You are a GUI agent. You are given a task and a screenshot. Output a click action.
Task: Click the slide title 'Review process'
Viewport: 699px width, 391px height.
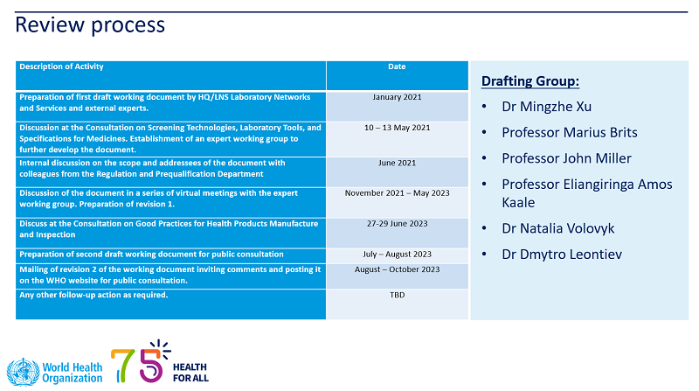click(90, 25)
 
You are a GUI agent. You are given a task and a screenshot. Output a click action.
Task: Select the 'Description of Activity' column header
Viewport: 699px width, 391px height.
click(61, 66)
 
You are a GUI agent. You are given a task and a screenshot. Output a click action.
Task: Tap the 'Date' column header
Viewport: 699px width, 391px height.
click(397, 66)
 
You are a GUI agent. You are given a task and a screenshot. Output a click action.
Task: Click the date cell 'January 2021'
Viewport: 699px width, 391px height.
click(397, 97)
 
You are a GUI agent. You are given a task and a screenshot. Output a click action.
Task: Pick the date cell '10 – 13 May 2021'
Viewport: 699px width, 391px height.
click(397, 128)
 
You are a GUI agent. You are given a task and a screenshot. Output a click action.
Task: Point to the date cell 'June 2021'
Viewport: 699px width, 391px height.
click(397, 163)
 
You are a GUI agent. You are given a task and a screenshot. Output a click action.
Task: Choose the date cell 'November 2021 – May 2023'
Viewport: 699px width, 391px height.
click(397, 193)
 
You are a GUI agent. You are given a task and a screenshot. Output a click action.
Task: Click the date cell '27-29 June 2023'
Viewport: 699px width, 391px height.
click(397, 224)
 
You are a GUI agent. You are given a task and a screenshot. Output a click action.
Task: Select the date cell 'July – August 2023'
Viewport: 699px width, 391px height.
click(397, 255)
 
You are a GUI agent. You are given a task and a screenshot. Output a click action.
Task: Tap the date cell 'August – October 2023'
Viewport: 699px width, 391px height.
click(397, 269)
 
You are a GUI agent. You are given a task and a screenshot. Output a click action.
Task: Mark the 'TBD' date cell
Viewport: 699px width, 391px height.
click(397, 295)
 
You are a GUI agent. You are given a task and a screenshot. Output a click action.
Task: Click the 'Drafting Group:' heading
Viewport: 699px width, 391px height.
click(530, 81)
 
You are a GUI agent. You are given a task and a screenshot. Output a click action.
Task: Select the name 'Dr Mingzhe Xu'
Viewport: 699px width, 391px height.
click(547, 107)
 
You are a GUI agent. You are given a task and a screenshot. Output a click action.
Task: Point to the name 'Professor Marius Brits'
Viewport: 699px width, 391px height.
click(570, 133)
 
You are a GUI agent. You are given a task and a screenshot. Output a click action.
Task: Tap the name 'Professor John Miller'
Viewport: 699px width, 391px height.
click(566, 158)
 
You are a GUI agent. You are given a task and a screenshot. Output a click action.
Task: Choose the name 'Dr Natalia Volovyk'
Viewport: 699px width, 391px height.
click(557, 228)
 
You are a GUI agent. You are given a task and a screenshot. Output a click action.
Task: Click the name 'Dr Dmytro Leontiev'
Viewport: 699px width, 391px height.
click(562, 255)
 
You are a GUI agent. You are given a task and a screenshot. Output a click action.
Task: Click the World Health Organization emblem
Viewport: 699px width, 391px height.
click(24, 372)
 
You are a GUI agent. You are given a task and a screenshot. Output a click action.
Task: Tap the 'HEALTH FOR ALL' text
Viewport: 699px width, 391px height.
click(190, 373)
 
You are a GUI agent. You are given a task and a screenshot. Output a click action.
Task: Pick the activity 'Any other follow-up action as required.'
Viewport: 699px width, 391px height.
click(93, 295)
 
